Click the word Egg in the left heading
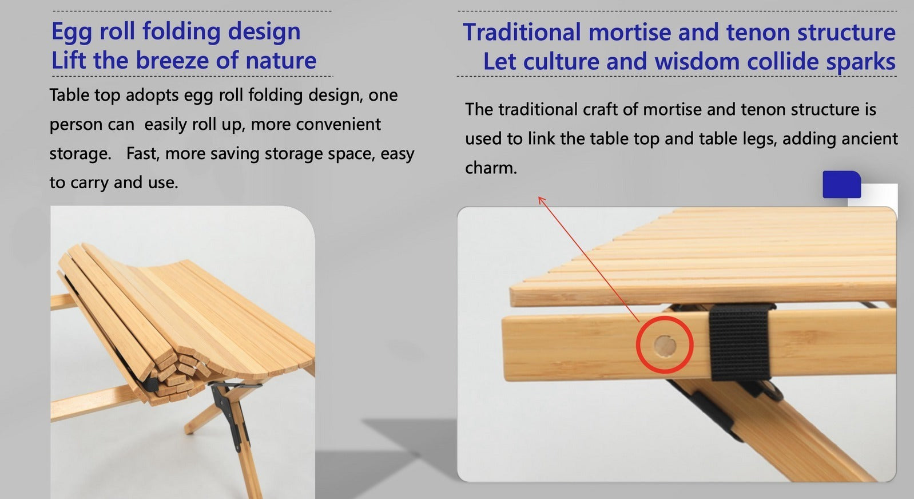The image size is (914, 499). (71, 32)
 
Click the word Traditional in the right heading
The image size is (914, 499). (522, 33)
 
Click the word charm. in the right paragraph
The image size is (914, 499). (491, 168)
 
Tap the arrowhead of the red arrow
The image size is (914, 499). (541, 199)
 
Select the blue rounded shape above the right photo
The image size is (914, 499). (841, 184)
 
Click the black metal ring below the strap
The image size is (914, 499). (774, 393)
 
